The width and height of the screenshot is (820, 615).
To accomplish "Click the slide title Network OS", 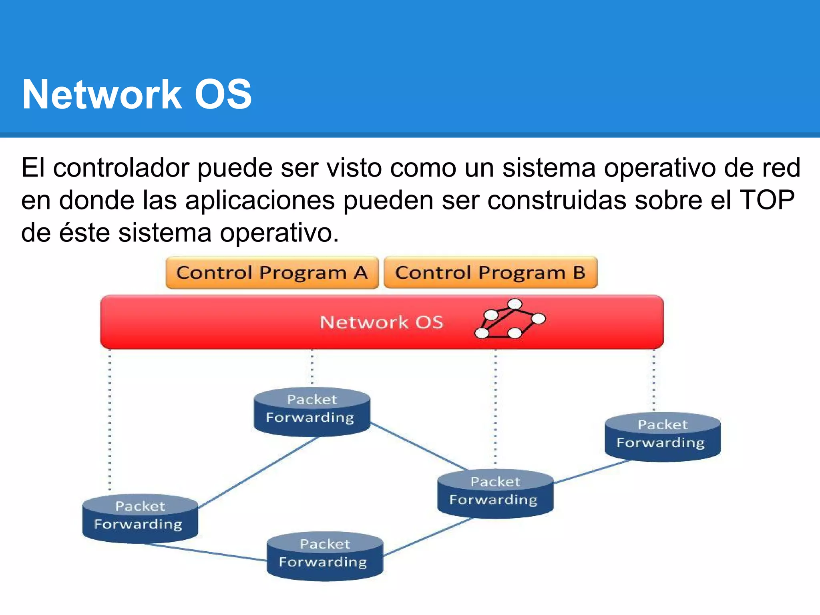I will click(x=137, y=94).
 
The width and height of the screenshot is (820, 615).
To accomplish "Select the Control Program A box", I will click(x=272, y=273).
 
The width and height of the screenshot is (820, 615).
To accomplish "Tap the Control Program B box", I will click(x=490, y=273).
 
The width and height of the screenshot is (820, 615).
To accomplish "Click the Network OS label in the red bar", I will click(x=382, y=322).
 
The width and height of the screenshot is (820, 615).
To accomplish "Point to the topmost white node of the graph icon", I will click(x=515, y=304).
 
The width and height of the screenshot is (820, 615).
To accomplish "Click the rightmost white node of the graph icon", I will click(x=539, y=319).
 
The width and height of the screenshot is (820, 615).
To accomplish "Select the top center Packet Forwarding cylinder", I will click(x=312, y=412).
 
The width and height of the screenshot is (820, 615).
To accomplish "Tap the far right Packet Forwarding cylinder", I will click(x=662, y=436).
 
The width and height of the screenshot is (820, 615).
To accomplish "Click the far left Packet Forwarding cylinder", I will click(x=140, y=519).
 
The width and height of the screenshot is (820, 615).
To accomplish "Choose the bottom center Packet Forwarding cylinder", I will click(x=325, y=556).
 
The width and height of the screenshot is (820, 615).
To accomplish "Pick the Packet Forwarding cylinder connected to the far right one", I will click(x=495, y=493).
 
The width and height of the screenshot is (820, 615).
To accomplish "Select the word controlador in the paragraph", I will click(x=121, y=168).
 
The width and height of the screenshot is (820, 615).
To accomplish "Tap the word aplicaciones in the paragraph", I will click(x=260, y=200).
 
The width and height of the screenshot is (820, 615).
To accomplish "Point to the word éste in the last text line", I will click(x=84, y=233).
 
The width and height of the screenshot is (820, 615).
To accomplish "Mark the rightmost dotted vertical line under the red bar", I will click(x=654, y=380).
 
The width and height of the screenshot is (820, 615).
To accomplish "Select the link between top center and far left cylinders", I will click(x=258, y=472).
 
